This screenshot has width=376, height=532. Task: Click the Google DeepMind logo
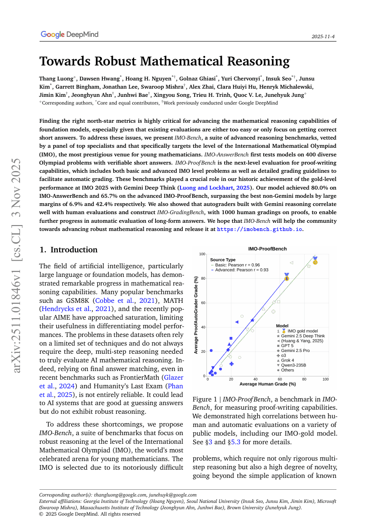tap(69, 35)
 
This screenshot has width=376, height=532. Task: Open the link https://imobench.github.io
tap(259, 229)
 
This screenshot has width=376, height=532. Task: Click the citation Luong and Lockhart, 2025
tap(210, 187)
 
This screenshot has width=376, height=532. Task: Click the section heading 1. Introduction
tap(68, 250)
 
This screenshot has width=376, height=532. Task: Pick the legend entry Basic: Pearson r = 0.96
tap(237, 265)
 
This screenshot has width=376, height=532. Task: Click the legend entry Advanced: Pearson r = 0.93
tap(239, 270)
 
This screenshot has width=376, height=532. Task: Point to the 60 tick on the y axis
tap(203, 303)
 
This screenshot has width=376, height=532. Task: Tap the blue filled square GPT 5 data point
tap(231, 338)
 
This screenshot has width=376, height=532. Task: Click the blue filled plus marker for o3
tap(231, 364)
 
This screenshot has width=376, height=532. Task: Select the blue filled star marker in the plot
tap(252, 321)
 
